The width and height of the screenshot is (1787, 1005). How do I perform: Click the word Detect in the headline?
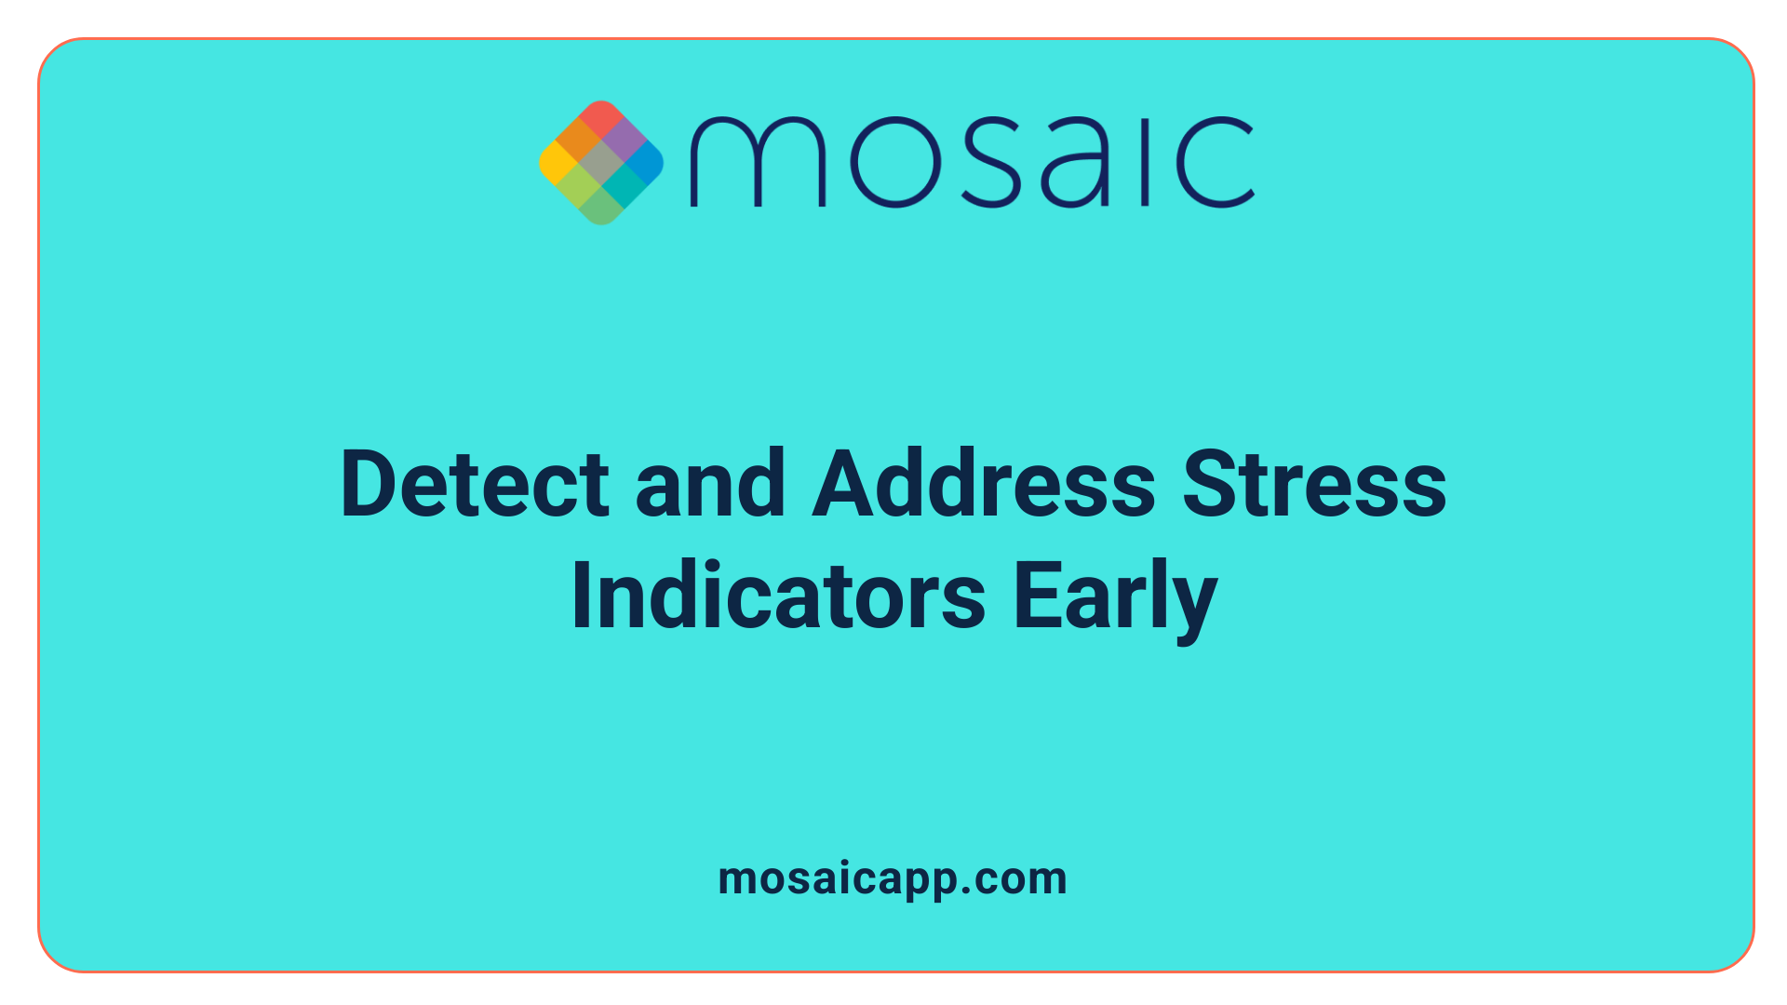(475, 485)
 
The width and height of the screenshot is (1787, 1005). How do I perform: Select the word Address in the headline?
(984, 485)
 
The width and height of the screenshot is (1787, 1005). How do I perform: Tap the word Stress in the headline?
(1314, 485)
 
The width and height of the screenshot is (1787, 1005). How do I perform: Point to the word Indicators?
(778, 596)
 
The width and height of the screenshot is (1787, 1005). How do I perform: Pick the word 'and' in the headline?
(710, 485)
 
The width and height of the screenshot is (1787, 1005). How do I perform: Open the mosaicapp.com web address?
(893, 878)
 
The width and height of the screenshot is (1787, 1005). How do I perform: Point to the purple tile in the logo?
(624, 141)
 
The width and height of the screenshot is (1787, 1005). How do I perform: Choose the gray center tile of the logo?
(601, 163)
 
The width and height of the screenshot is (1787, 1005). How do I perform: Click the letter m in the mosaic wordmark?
(757, 162)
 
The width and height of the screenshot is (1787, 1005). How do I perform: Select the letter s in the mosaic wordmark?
(990, 162)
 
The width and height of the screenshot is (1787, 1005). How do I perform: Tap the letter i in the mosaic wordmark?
(1147, 162)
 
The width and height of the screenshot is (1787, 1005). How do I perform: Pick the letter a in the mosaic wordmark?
(1076, 162)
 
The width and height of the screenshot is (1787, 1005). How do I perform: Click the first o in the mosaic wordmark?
(894, 162)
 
